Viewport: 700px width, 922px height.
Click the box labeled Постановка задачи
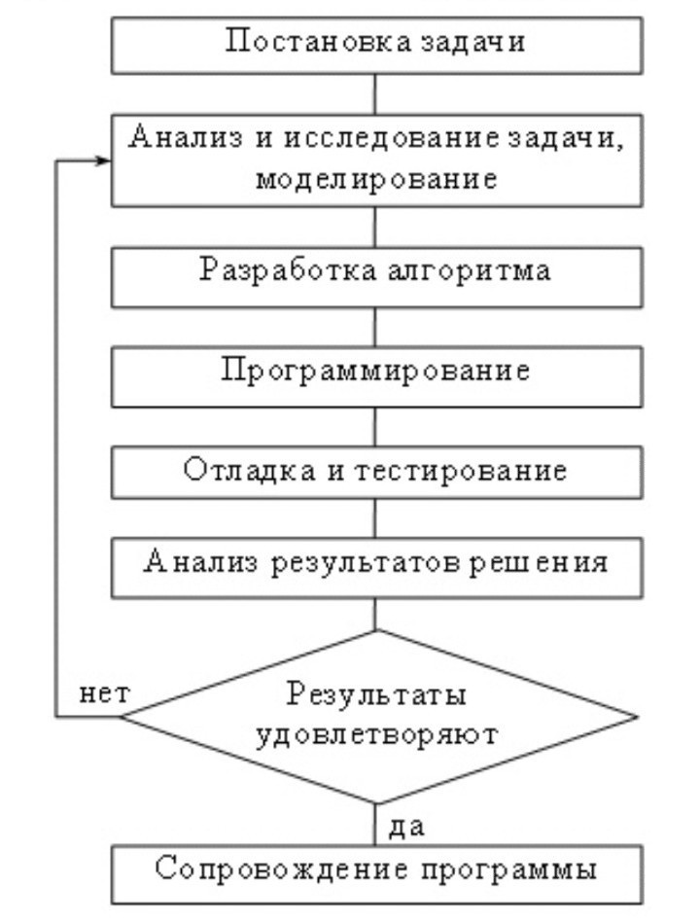click(375, 45)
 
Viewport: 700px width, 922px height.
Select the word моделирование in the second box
click(375, 180)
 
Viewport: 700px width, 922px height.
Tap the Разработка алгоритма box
click(375, 271)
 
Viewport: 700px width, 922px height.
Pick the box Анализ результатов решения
click(375, 563)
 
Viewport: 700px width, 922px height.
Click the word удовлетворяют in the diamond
click(377, 733)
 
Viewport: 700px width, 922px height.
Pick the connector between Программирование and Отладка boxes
click(375, 427)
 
